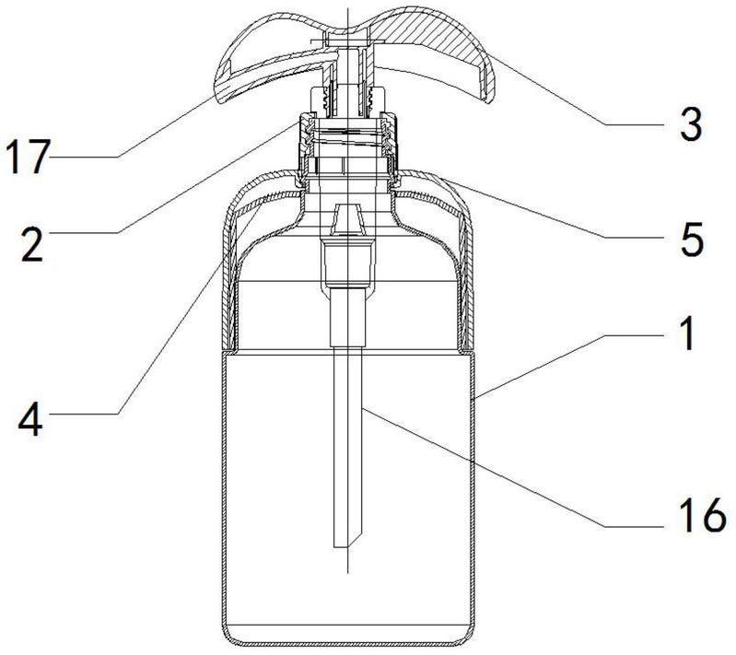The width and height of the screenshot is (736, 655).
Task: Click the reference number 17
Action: (x=28, y=157)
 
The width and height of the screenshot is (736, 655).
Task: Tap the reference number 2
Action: (x=32, y=243)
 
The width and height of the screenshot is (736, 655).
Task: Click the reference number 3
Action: (x=692, y=123)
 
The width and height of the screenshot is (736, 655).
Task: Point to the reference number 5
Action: (x=693, y=239)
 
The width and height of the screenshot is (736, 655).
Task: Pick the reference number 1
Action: (x=688, y=333)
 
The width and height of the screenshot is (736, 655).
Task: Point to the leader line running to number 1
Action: (x=568, y=367)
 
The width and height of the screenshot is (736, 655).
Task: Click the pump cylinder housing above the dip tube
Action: (x=347, y=263)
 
